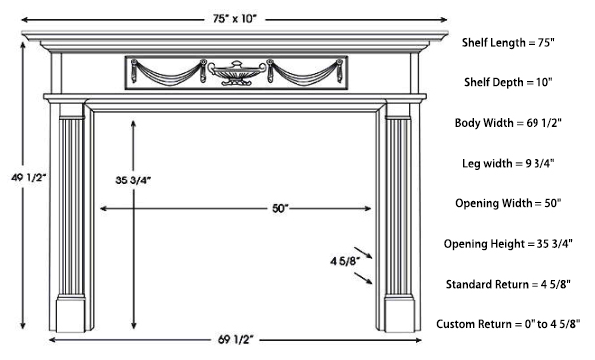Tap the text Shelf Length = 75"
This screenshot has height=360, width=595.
click(x=508, y=43)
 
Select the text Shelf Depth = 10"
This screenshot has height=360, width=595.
click(x=508, y=82)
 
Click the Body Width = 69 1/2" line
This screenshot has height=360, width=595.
click(x=508, y=122)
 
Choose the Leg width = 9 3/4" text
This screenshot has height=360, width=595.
click(x=508, y=163)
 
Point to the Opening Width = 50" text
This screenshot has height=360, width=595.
click(x=508, y=203)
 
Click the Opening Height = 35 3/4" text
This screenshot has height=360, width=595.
click(x=508, y=243)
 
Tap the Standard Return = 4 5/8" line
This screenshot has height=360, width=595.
click(x=508, y=284)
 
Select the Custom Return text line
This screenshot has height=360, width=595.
click(x=508, y=324)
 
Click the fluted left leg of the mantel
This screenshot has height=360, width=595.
click(x=72, y=208)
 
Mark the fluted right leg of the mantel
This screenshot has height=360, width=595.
click(x=399, y=208)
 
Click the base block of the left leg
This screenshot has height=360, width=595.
click(x=69, y=315)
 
